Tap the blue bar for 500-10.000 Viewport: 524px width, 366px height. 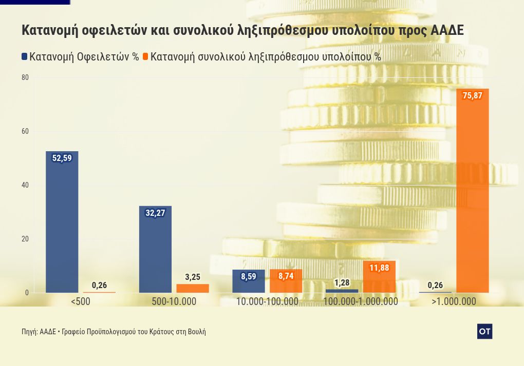(x=155, y=249)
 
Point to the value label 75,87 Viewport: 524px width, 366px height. (x=472, y=95)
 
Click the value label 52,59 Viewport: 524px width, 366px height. (x=62, y=158)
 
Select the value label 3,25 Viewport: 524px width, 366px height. (x=193, y=277)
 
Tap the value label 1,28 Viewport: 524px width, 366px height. (x=342, y=283)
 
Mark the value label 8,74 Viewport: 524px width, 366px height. (x=286, y=276)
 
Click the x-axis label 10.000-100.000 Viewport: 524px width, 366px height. (x=267, y=301)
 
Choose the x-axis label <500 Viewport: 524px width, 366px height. (x=81, y=301)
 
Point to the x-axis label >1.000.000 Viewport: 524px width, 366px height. (x=454, y=301)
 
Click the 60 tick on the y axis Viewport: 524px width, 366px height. (x=25, y=131)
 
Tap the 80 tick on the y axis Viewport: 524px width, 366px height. (x=25, y=77)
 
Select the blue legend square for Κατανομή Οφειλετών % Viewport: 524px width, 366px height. (x=25, y=56)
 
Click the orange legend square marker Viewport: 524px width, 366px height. (x=145, y=56)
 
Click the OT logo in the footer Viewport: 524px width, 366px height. (x=484, y=332)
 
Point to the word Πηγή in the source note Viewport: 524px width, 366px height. (x=29, y=332)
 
